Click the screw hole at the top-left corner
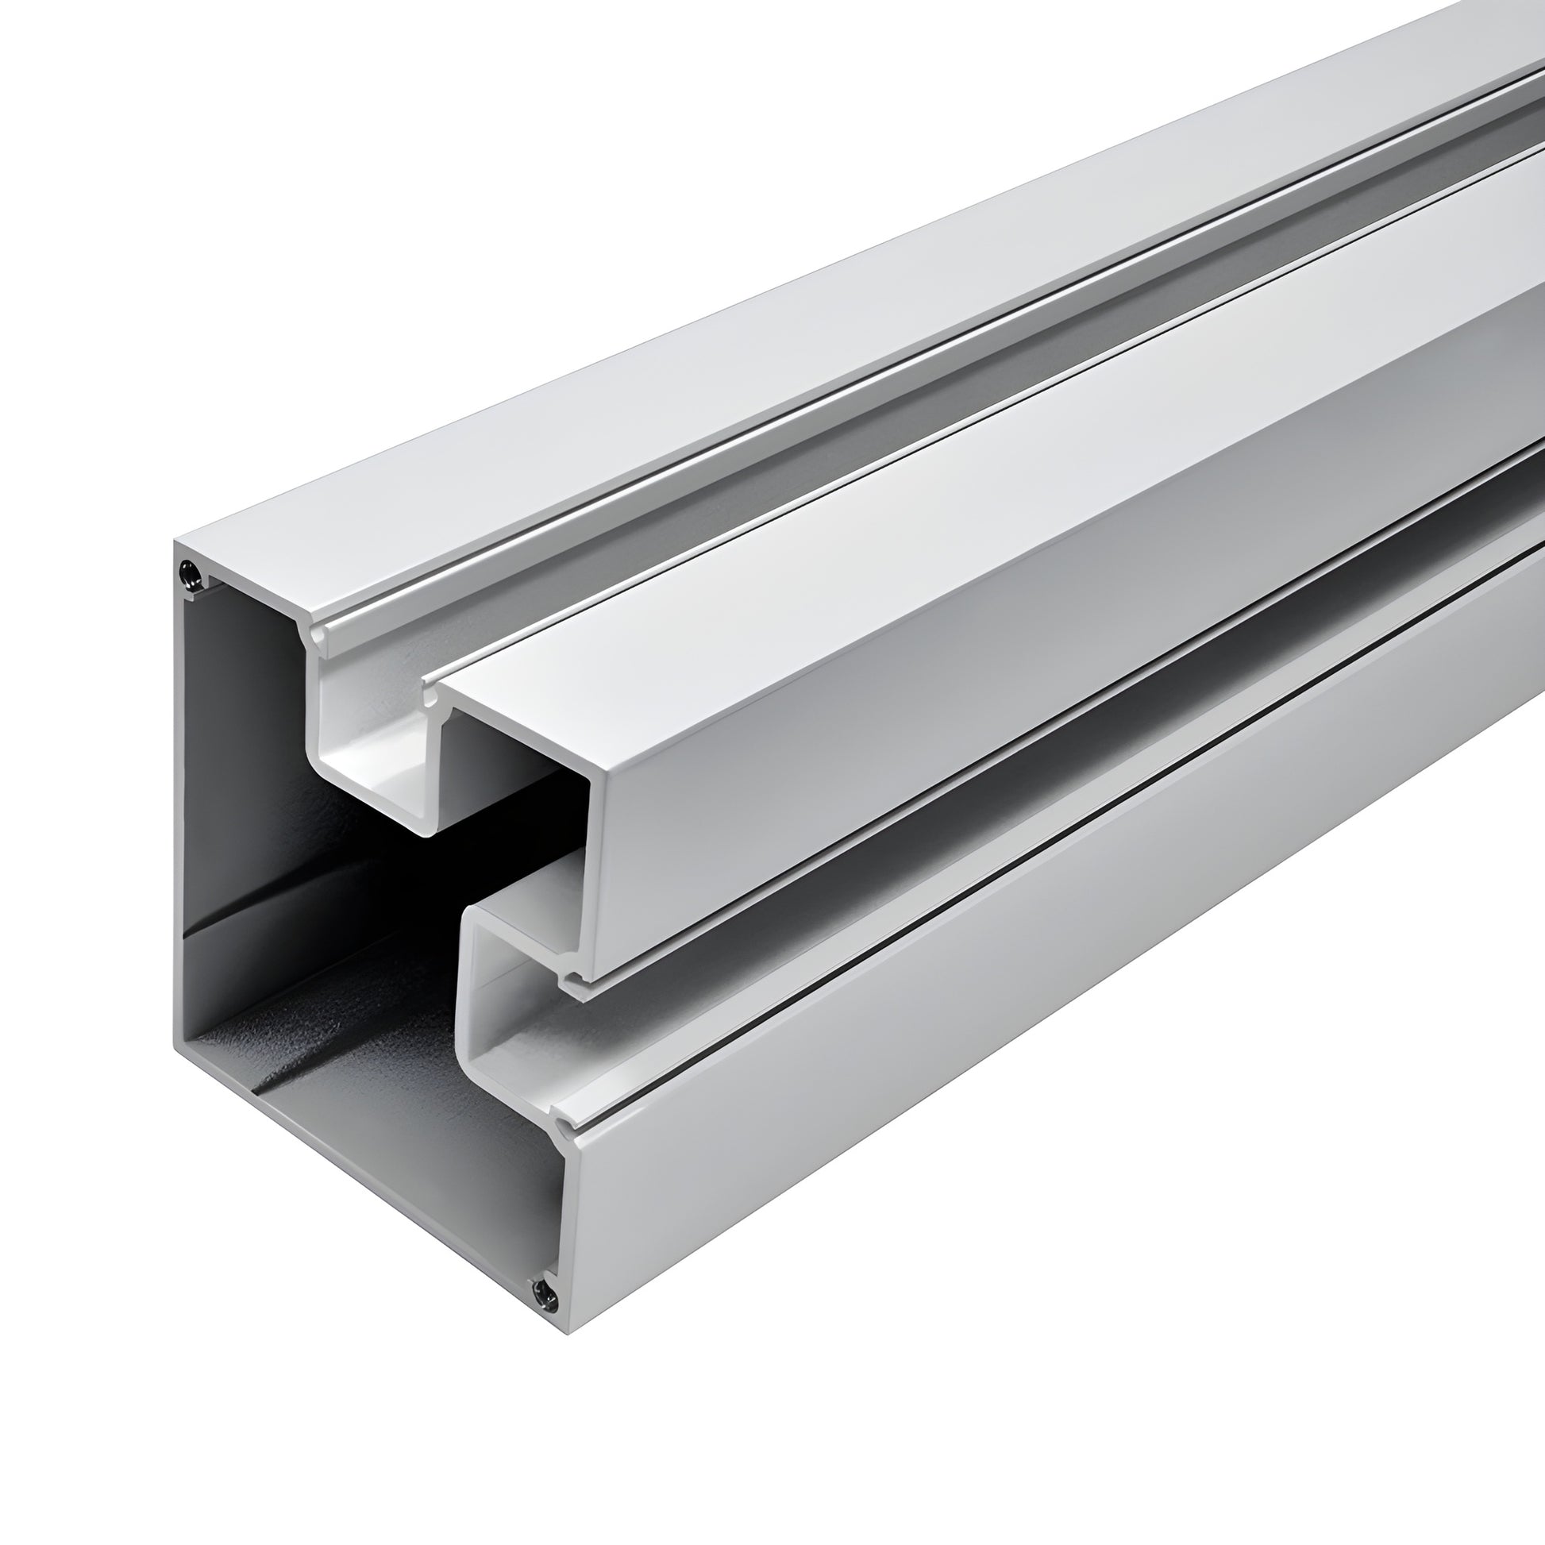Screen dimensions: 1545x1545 191,572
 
